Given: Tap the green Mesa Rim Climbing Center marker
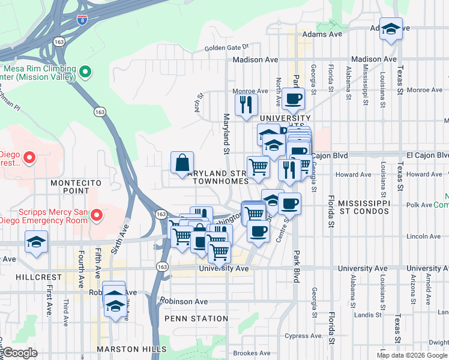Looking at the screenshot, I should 85,73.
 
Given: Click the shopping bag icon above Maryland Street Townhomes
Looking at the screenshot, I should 182,163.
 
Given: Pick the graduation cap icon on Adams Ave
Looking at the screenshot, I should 391,29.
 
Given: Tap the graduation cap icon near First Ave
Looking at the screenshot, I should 36,243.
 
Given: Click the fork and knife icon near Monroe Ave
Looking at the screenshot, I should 246,105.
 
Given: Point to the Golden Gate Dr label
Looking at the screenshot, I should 226,48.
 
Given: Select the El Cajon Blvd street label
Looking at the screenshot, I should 332,155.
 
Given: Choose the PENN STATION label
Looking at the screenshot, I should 196,319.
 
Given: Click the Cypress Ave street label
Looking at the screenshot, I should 309,336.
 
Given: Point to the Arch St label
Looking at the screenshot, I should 197,106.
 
